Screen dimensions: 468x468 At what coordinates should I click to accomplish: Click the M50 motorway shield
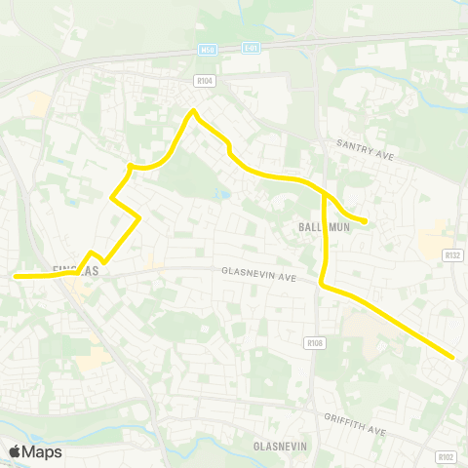(x=207, y=49)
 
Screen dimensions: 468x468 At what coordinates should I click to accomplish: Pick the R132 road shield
(x=451, y=254)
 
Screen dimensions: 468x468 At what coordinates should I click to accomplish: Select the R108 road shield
(x=314, y=342)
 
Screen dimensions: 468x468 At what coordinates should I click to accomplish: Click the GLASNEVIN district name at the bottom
(x=282, y=445)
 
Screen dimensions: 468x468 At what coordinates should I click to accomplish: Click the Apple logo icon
(x=15, y=451)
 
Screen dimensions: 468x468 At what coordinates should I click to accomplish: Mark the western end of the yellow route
(x=16, y=276)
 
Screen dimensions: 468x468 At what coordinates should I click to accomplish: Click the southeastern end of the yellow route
(x=453, y=357)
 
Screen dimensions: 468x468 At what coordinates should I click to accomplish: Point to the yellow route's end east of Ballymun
(x=365, y=221)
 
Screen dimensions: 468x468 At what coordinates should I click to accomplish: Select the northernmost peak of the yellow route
(x=193, y=110)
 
